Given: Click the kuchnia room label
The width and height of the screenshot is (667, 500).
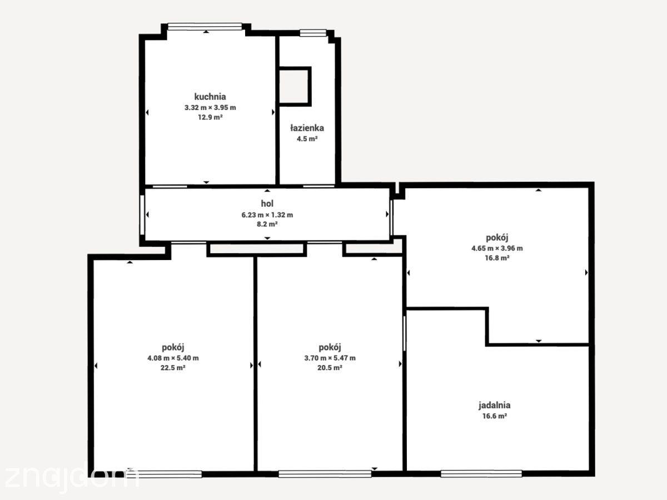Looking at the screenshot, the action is point(210,97).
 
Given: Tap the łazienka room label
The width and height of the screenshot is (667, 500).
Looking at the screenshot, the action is point(307,128).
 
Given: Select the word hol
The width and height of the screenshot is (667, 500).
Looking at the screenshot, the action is point(267,203).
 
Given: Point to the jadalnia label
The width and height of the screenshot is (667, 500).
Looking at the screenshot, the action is point(494,406).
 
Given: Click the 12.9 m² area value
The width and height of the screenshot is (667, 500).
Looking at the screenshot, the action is point(210,117).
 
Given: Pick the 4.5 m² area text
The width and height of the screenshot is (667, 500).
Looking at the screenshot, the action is point(307,139).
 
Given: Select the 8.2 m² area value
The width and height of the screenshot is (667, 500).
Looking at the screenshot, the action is point(267,224).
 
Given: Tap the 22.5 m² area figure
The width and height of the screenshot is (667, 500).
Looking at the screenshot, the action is point(173,368).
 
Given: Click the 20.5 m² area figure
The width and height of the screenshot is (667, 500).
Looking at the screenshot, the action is point(330,368).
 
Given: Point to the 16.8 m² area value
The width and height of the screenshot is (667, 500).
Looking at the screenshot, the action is point(497,258).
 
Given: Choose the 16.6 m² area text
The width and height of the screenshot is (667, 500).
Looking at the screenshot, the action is point(494,416).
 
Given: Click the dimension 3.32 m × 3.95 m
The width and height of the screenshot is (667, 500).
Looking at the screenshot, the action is point(210,107).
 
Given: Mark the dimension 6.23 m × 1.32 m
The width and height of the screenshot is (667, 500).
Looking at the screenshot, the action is point(267,215).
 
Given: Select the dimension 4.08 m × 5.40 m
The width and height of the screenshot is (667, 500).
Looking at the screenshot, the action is point(173,358).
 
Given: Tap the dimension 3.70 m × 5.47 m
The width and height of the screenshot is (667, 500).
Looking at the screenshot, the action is point(330,358).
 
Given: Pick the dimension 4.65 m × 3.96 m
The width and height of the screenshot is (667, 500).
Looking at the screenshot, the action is point(497,248).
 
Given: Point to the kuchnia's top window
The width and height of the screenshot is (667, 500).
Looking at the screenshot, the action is point(205,27).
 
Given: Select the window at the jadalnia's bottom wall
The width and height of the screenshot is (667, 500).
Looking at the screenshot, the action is point(481,473).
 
